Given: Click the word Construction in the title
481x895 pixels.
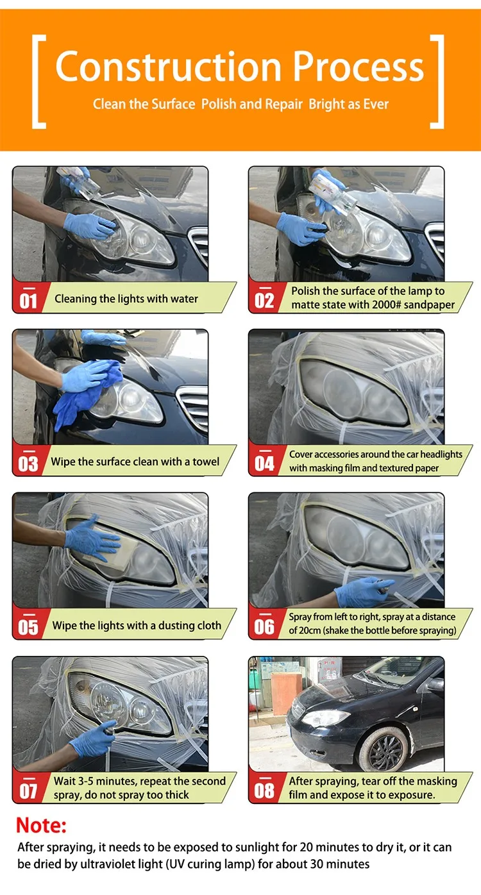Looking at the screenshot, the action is click(x=168, y=66).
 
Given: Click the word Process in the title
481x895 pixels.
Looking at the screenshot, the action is click(x=359, y=66).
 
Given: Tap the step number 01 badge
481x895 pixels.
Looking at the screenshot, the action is click(x=28, y=299).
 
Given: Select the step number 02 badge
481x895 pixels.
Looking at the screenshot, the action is click(x=264, y=299).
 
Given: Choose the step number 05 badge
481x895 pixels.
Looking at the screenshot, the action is click(x=28, y=626).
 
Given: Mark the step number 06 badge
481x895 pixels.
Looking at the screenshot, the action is click(x=264, y=626).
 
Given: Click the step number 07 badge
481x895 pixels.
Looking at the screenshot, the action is click(x=28, y=789).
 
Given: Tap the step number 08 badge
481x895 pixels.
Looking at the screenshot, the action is click(x=264, y=789).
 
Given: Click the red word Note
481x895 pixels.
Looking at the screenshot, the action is click(x=41, y=825).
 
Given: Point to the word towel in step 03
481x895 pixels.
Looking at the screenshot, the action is click(x=206, y=462).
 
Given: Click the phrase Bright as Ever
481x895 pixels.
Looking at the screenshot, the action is click(x=349, y=105).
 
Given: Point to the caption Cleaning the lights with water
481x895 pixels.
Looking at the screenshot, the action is click(x=126, y=299).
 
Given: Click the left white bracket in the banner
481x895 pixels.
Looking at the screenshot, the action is click(x=38, y=82).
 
